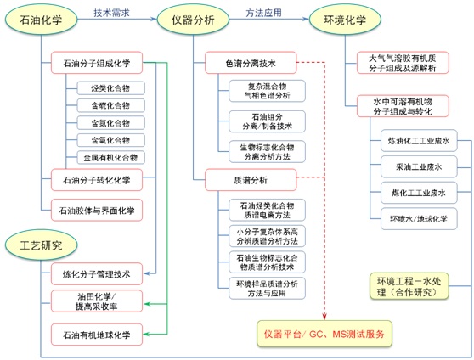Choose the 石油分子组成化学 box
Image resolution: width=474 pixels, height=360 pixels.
click(x=97, y=64)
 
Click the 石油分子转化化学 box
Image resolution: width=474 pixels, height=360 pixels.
click(x=97, y=179)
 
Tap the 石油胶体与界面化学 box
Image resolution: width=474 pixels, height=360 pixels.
click(x=97, y=208)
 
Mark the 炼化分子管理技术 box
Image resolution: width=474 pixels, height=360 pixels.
click(x=97, y=273)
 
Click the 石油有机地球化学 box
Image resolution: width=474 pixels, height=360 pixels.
click(x=97, y=335)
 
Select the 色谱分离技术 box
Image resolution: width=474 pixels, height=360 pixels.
click(x=250, y=63)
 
